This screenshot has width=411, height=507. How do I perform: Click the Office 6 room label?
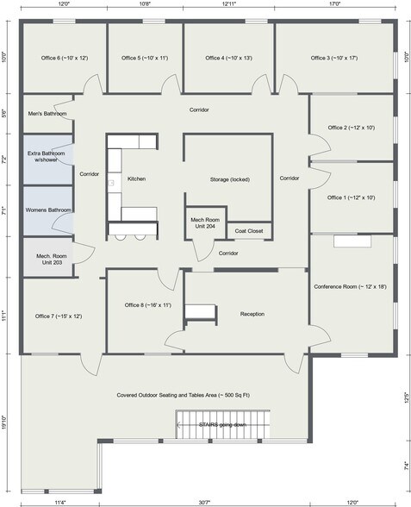click(65, 58)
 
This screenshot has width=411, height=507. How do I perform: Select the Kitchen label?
click(136, 178)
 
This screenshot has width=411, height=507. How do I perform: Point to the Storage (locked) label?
click(230, 179)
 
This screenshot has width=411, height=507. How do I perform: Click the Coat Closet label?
click(249, 231)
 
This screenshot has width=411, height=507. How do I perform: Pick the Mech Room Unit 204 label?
click(205, 223)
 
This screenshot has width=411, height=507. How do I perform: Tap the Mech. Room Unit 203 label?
click(52, 260)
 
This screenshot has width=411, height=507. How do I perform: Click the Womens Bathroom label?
click(48, 210)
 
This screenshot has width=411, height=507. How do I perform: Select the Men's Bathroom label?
click(47, 114)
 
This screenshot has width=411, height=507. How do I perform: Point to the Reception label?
click(252, 314)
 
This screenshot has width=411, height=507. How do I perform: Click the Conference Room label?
click(350, 286)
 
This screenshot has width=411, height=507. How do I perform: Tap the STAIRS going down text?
click(222, 424)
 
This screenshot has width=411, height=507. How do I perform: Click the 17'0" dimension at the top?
click(335, 3)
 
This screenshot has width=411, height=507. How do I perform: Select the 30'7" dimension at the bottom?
click(204, 503)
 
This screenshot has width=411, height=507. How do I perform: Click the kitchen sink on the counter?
click(111, 183)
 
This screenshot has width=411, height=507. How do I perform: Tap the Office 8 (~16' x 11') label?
click(148, 305)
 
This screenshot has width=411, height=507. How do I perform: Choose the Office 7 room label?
click(59, 316)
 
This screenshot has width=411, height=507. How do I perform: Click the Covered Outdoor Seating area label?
click(184, 395)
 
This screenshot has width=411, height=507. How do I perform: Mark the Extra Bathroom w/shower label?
click(47, 157)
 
